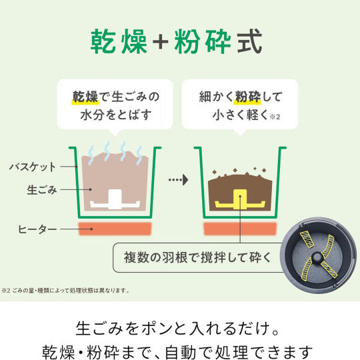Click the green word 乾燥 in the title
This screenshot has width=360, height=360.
tap(119, 41)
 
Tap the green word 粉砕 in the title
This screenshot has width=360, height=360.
tap(202, 41)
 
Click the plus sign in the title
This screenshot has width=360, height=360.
tap(161, 42)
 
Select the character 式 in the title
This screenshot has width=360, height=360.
tap(250, 41)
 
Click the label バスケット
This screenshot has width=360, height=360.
tap(33, 167)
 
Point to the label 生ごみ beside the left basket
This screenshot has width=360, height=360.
tap(42, 190)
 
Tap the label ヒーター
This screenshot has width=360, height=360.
tap(37, 229)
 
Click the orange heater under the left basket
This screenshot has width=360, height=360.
tap(115, 229)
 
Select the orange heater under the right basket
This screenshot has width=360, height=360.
tap(240, 229)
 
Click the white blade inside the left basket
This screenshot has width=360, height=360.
tap(115, 200)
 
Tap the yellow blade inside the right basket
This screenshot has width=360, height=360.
tap(240, 200)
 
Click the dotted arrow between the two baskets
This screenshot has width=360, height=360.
tap(179, 179)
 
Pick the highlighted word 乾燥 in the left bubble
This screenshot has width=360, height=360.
tap(85, 97)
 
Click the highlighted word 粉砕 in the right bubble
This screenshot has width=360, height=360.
tap(247, 97)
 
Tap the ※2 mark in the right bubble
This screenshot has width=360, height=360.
tap(275, 117)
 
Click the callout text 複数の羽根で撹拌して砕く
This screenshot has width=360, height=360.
tap(198, 257)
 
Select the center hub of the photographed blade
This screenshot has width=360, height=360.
tap(317, 257)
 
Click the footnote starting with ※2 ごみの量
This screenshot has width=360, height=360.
tap(65, 291)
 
